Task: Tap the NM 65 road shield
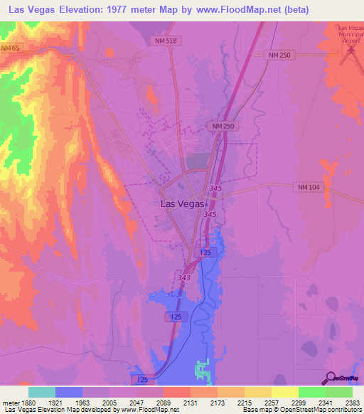tap(9, 48)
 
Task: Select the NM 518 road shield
tap(165, 41)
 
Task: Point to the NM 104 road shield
tap(306, 186)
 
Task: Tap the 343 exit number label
tap(183, 277)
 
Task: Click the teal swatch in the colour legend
tap(42, 391)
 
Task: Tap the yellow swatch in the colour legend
tap(284, 391)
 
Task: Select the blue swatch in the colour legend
tap(69, 391)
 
